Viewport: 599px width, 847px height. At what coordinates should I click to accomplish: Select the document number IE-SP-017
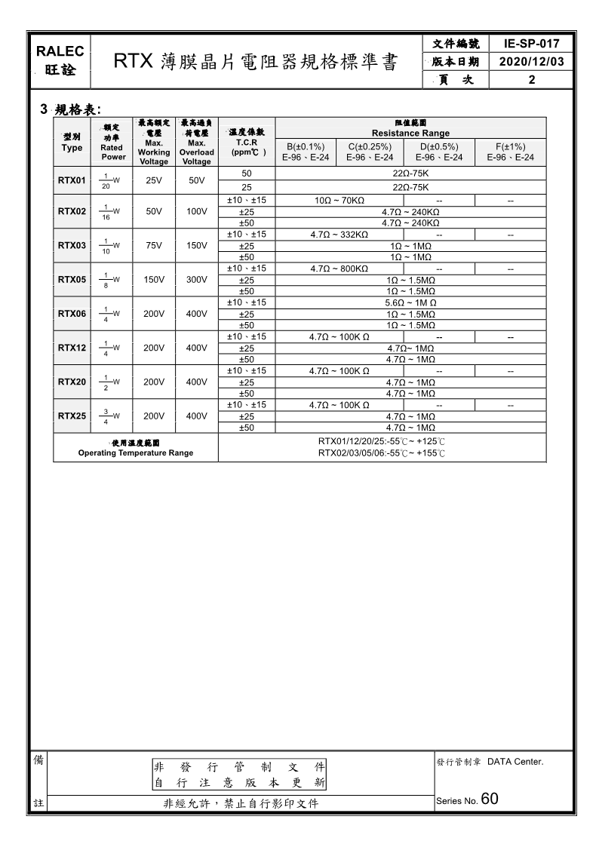pos(533,44)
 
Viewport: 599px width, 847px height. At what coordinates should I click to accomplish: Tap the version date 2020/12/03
pos(533,62)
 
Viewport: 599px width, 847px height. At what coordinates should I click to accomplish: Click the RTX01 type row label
pos(72,181)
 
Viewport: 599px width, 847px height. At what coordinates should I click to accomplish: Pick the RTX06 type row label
pos(72,314)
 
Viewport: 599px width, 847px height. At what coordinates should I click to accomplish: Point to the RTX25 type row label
pos(72,416)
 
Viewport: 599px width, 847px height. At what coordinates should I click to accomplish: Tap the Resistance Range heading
pos(410,133)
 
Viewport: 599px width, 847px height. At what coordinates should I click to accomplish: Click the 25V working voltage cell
pos(154,181)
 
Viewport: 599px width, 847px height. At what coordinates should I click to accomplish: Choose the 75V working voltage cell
pos(154,246)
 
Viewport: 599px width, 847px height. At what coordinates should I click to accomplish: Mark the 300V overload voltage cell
pos(196,280)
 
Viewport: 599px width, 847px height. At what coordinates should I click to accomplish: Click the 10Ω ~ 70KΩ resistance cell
pos(339,201)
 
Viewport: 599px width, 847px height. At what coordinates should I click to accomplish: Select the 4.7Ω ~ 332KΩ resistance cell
pos(339,235)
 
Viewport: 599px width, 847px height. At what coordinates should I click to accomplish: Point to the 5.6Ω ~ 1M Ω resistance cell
pos(410,302)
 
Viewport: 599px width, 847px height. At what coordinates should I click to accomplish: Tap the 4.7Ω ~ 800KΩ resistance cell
pos(339,269)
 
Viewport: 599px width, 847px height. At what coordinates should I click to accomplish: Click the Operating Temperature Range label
pos(136,453)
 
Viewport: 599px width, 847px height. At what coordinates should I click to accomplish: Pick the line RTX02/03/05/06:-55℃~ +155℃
pos(382,453)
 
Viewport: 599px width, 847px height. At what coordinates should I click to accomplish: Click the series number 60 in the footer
pos(489,799)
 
